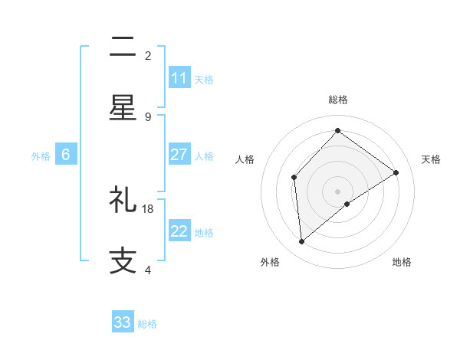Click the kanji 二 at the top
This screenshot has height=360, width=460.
click(123, 50)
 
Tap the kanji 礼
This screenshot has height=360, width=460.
click(123, 201)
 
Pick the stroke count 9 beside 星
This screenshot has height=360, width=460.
click(148, 116)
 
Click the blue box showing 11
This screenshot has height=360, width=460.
click(179, 78)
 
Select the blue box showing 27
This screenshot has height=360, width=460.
click(179, 155)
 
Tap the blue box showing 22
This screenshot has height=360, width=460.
click(179, 232)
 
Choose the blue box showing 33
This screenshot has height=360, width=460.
click(123, 322)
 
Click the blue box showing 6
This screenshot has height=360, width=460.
click(66, 155)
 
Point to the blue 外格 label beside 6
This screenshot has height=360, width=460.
click(41, 155)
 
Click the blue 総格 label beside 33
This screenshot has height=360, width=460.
click(147, 324)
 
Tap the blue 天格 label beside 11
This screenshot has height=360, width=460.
click(204, 79)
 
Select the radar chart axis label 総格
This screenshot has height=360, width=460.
click(337, 100)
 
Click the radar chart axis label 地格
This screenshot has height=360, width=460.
click(402, 262)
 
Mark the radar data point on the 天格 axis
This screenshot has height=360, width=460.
click(396, 172)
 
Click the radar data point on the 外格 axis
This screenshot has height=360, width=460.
click(302, 242)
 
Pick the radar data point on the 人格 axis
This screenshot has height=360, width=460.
click(294, 178)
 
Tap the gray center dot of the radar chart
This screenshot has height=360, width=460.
click(337, 191)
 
